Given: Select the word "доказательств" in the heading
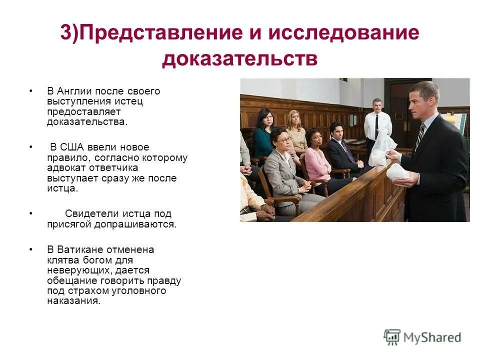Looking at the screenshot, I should (x=239, y=59).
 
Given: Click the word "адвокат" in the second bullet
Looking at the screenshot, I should (x=65, y=168).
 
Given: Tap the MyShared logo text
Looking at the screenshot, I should (x=432, y=337).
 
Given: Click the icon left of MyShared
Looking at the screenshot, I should (x=392, y=337).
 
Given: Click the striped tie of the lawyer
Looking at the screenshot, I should (x=419, y=137).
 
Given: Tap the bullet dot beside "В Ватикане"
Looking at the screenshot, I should (x=30, y=249).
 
